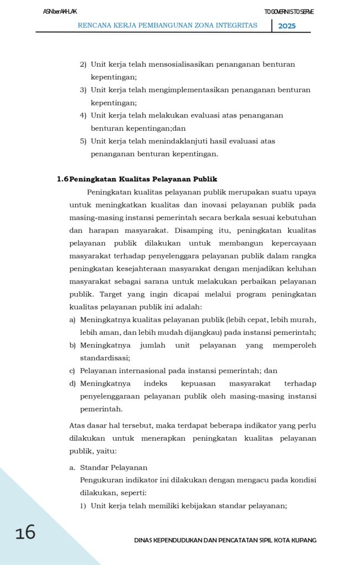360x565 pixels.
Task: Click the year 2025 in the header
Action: [287, 25]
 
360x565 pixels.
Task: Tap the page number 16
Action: [25, 532]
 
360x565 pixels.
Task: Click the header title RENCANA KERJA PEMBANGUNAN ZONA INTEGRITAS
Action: [167, 25]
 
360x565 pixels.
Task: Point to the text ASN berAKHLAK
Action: [60, 12]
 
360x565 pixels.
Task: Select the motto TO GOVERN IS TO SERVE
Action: [289, 12]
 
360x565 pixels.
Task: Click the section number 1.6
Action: [62, 179]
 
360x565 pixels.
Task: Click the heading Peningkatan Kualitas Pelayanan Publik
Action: [143, 179]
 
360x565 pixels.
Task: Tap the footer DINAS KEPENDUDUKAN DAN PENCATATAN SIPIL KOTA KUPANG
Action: [225, 540]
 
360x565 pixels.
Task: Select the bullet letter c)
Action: [72, 371]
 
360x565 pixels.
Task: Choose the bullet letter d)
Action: [72, 383]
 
